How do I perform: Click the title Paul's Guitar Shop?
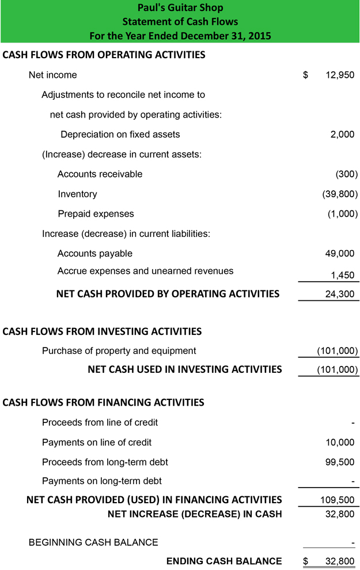(x=180, y=8)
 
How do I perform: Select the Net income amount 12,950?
(x=340, y=75)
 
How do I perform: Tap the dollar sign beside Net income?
(x=306, y=75)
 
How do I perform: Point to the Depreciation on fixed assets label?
(x=120, y=134)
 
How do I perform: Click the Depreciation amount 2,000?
(x=342, y=134)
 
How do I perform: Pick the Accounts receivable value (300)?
(x=346, y=174)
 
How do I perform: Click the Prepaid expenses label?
(x=96, y=214)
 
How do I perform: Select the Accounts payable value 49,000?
(x=340, y=254)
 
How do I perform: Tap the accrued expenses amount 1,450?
(x=342, y=275)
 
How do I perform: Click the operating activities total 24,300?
(x=340, y=295)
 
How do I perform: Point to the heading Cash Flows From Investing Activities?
(x=102, y=331)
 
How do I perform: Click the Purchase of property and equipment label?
(x=119, y=350)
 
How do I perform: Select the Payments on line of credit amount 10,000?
(x=340, y=443)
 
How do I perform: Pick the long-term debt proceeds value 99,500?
(x=340, y=462)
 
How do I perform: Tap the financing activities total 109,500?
(x=337, y=500)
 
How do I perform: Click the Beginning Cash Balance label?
(x=93, y=542)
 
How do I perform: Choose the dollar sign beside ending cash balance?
(x=306, y=561)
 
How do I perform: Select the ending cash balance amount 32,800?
(x=340, y=561)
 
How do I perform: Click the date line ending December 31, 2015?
(x=180, y=36)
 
